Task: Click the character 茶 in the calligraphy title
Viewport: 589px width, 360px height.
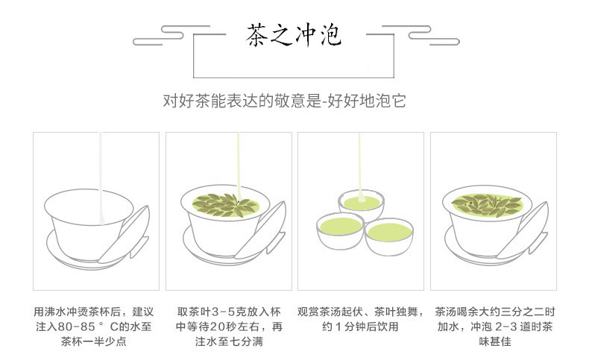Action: point(258,35)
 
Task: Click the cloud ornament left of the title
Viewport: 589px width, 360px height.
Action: point(171,35)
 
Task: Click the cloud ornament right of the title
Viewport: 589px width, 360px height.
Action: point(421,35)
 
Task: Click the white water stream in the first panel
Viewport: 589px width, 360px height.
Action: point(101,177)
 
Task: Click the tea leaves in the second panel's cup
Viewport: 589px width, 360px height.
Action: point(224,205)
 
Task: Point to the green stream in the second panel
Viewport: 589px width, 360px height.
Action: point(239,167)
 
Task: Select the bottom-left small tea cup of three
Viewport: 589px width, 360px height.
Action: point(340,231)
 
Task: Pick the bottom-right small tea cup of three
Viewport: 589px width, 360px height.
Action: point(389,237)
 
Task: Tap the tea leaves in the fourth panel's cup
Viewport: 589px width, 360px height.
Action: point(487,205)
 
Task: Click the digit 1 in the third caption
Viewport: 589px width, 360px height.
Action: point(338,326)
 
